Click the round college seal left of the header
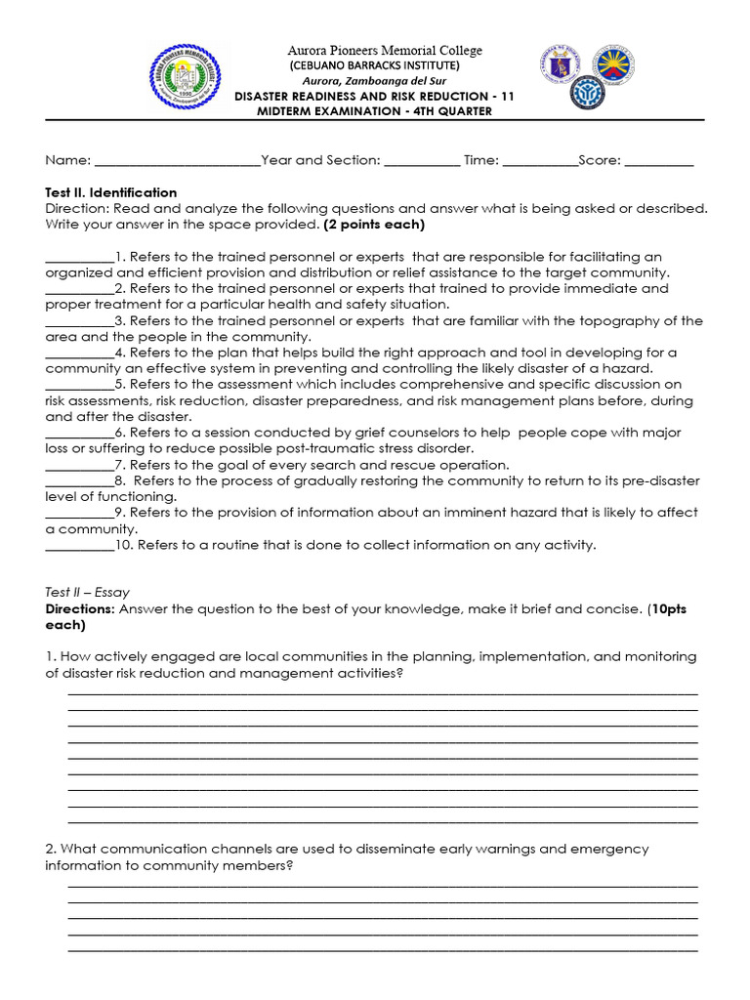(x=187, y=78)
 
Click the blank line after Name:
(x=177, y=162)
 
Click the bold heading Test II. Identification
(x=111, y=192)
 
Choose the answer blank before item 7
(x=79, y=466)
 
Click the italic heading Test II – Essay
(x=88, y=592)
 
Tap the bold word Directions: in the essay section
(x=80, y=608)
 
